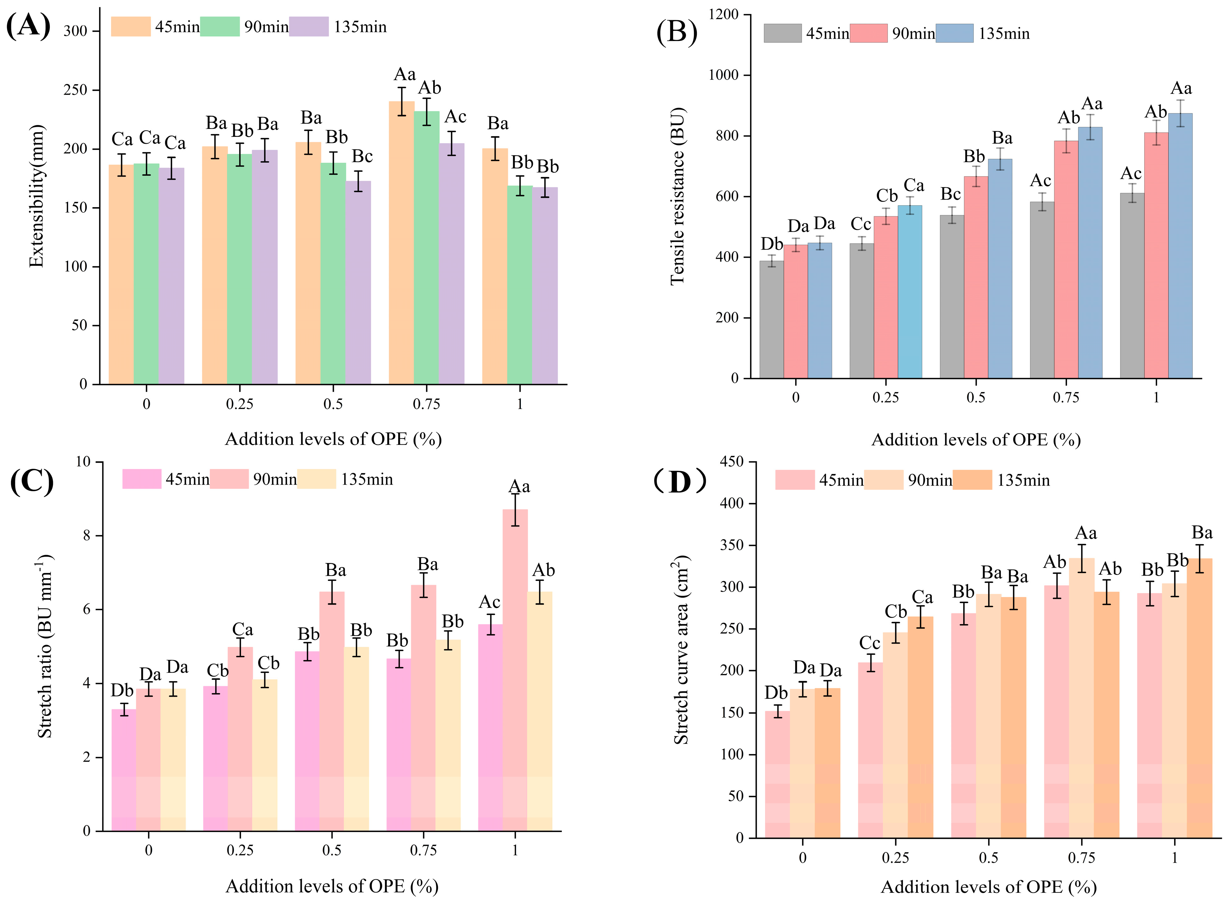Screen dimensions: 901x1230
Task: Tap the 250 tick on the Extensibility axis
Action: [75, 90]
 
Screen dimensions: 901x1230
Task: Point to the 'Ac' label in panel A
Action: [455, 117]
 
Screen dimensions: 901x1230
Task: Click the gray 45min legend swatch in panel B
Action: [782, 33]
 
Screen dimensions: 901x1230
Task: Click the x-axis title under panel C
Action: [332, 886]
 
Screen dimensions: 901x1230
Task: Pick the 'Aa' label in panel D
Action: [1086, 533]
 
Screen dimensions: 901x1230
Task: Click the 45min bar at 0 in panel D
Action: [777, 775]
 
